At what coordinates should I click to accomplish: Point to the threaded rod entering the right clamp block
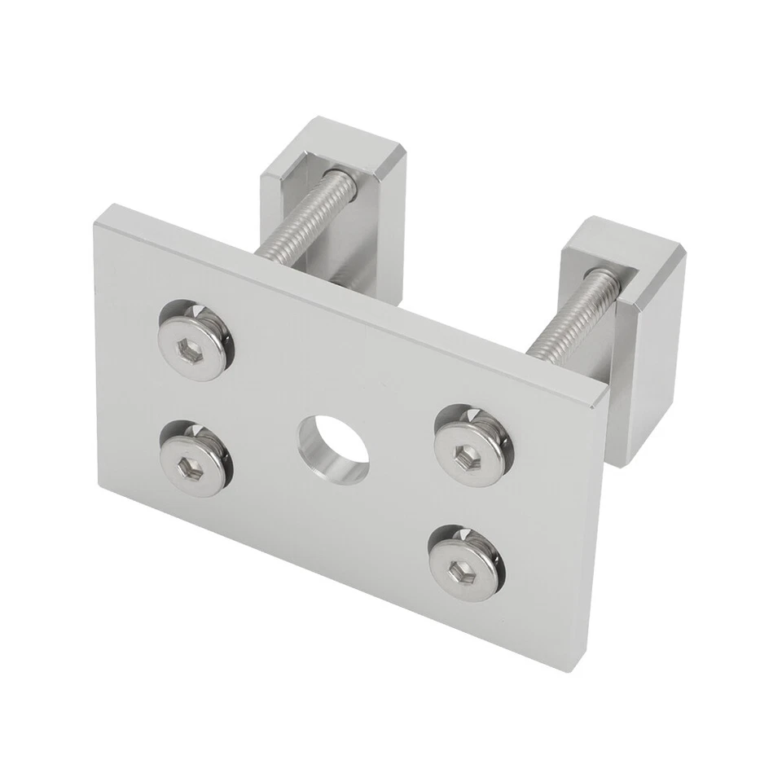click(x=574, y=318)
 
